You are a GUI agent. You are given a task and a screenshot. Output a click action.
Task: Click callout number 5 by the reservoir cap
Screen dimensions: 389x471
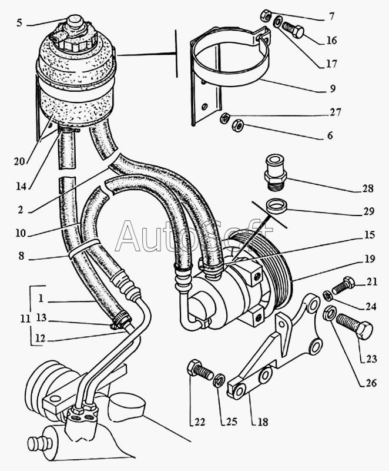pos(19,24)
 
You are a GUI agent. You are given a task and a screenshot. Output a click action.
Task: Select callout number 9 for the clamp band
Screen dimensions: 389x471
pos(333,89)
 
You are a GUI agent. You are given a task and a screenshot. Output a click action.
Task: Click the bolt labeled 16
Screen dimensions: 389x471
pos(292,28)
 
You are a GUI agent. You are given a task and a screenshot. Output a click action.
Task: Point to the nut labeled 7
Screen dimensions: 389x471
pos(266,15)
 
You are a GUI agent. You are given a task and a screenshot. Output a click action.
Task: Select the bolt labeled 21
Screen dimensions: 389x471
pos(343,287)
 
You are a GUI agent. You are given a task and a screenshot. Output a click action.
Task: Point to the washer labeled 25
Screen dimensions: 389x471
pos(219,380)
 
